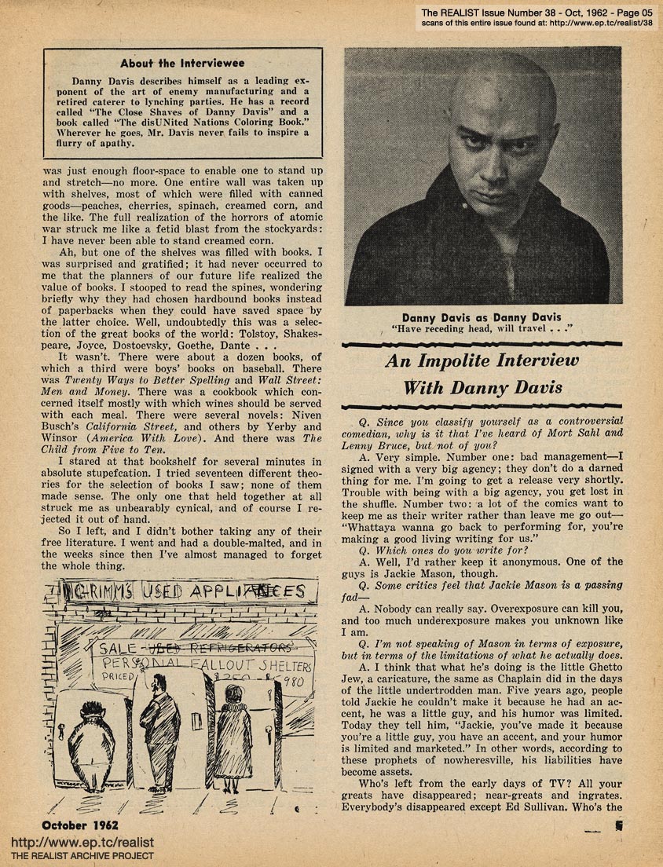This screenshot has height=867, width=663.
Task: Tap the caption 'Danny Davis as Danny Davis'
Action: (482, 317)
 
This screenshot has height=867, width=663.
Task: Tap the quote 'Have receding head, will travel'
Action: (482, 330)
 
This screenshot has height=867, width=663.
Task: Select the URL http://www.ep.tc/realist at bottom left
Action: (82, 843)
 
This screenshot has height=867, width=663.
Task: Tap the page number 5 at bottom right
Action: (619, 825)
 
